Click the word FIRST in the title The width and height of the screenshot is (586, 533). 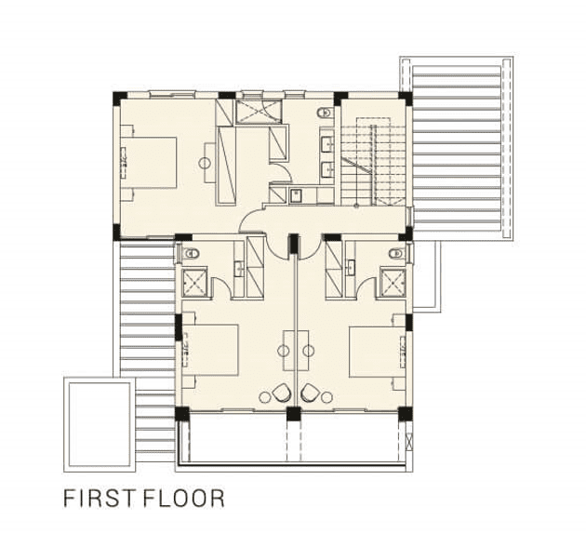coord(99,498)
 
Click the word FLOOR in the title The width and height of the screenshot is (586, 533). coord(184,498)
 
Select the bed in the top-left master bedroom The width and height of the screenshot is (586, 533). coord(149,163)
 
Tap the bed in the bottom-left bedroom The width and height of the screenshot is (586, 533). coord(210,351)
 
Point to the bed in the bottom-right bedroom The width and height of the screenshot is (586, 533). coord(377,352)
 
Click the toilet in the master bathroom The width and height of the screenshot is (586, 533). coord(326,112)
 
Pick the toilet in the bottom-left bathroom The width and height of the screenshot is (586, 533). coord(191,254)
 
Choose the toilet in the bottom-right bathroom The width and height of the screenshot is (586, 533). coord(397,254)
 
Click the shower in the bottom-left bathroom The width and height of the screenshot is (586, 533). coord(194,283)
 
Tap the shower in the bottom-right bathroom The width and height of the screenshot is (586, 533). coord(393,283)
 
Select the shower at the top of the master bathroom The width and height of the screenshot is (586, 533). coord(259,112)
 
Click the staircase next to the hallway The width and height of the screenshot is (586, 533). coord(373,165)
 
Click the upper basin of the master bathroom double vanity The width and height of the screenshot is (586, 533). coord(327,143)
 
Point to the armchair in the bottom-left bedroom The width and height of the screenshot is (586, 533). coord(281,393)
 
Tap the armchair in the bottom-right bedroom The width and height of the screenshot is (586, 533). coord(310,393)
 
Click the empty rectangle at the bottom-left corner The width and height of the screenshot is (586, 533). coord(100,424)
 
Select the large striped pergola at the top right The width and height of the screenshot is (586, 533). coord(457,148)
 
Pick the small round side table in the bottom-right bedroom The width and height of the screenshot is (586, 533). coord(326,397)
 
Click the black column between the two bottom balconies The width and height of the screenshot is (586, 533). coord(294,414)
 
